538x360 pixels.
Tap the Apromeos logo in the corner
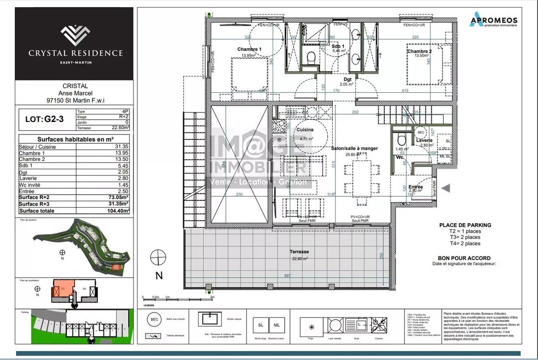click(x=493, y=21)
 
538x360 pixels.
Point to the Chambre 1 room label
click(x=249, y=49)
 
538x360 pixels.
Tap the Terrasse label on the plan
click(x=299, y=252)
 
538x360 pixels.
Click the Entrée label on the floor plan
click(x=416, y=187)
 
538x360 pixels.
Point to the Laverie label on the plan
click(x=424, y=140)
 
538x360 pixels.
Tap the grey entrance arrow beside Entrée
click(x=446, y=188)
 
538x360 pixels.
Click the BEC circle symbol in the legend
click(x=154, y=319)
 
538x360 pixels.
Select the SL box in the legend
click(x=260, y=325)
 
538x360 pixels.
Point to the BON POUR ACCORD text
click(x=464, y=258)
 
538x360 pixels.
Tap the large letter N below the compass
click(x=159, y=276)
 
